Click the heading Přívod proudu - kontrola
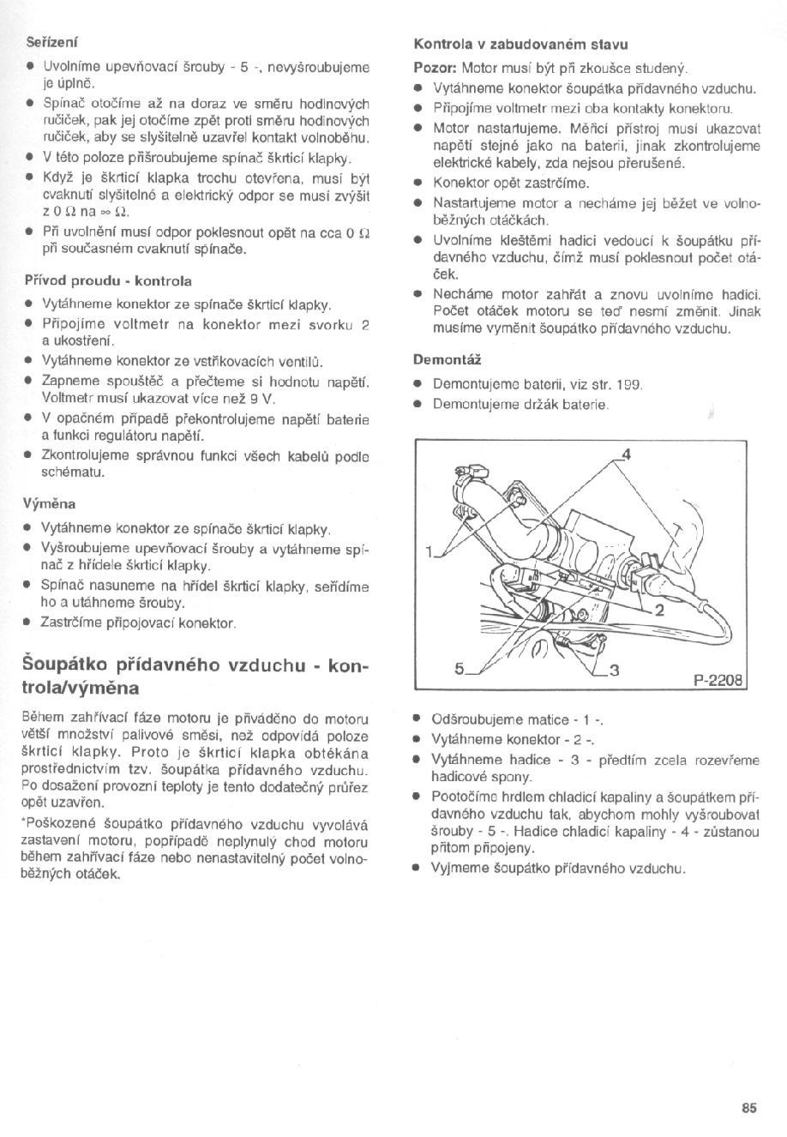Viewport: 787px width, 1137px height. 107,280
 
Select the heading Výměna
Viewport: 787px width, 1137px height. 49,503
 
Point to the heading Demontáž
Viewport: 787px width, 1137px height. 447,359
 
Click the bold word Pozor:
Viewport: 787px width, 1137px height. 436,68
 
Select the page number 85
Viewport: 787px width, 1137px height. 749,1108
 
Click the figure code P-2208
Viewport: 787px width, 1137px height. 721,683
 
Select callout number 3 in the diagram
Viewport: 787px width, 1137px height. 614,671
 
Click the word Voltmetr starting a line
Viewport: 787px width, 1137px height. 68,399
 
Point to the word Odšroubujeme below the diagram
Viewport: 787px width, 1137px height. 476,718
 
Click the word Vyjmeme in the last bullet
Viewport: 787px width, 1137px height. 459,868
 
